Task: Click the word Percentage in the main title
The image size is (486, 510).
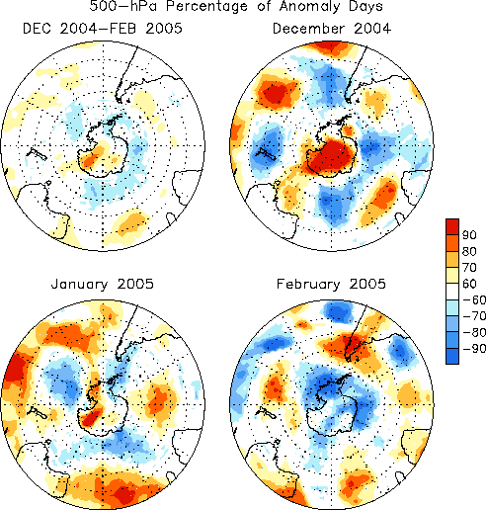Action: click(x=206, y=7)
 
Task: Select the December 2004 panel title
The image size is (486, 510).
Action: click(x=332, y=29)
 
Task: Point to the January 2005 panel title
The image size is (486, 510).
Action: click(x=103, y=284)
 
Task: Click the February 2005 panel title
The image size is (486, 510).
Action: click(x=331, y=284)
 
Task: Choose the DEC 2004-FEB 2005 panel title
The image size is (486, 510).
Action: click(x=103, y=29)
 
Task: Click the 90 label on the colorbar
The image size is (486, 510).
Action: click(x=469, y=235)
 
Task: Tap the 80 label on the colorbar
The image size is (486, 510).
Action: click(x=469, y=251)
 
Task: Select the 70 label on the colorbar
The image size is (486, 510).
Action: click(x=469, y=268)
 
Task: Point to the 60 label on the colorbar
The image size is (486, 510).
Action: click(x=469, y=284)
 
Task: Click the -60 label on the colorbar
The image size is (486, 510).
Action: click(x=474, y=299)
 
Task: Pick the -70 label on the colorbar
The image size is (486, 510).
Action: click(x=474, y=316)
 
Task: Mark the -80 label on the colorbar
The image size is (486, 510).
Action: click(x=474, y=332)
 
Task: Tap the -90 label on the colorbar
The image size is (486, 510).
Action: click(x=474, y=348)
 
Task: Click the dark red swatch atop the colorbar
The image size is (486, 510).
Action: click(x=452, y=226)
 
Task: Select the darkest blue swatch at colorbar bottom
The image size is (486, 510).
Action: click(x=452, y=356)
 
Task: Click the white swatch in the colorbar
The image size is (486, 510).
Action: click(x=452, y=292)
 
